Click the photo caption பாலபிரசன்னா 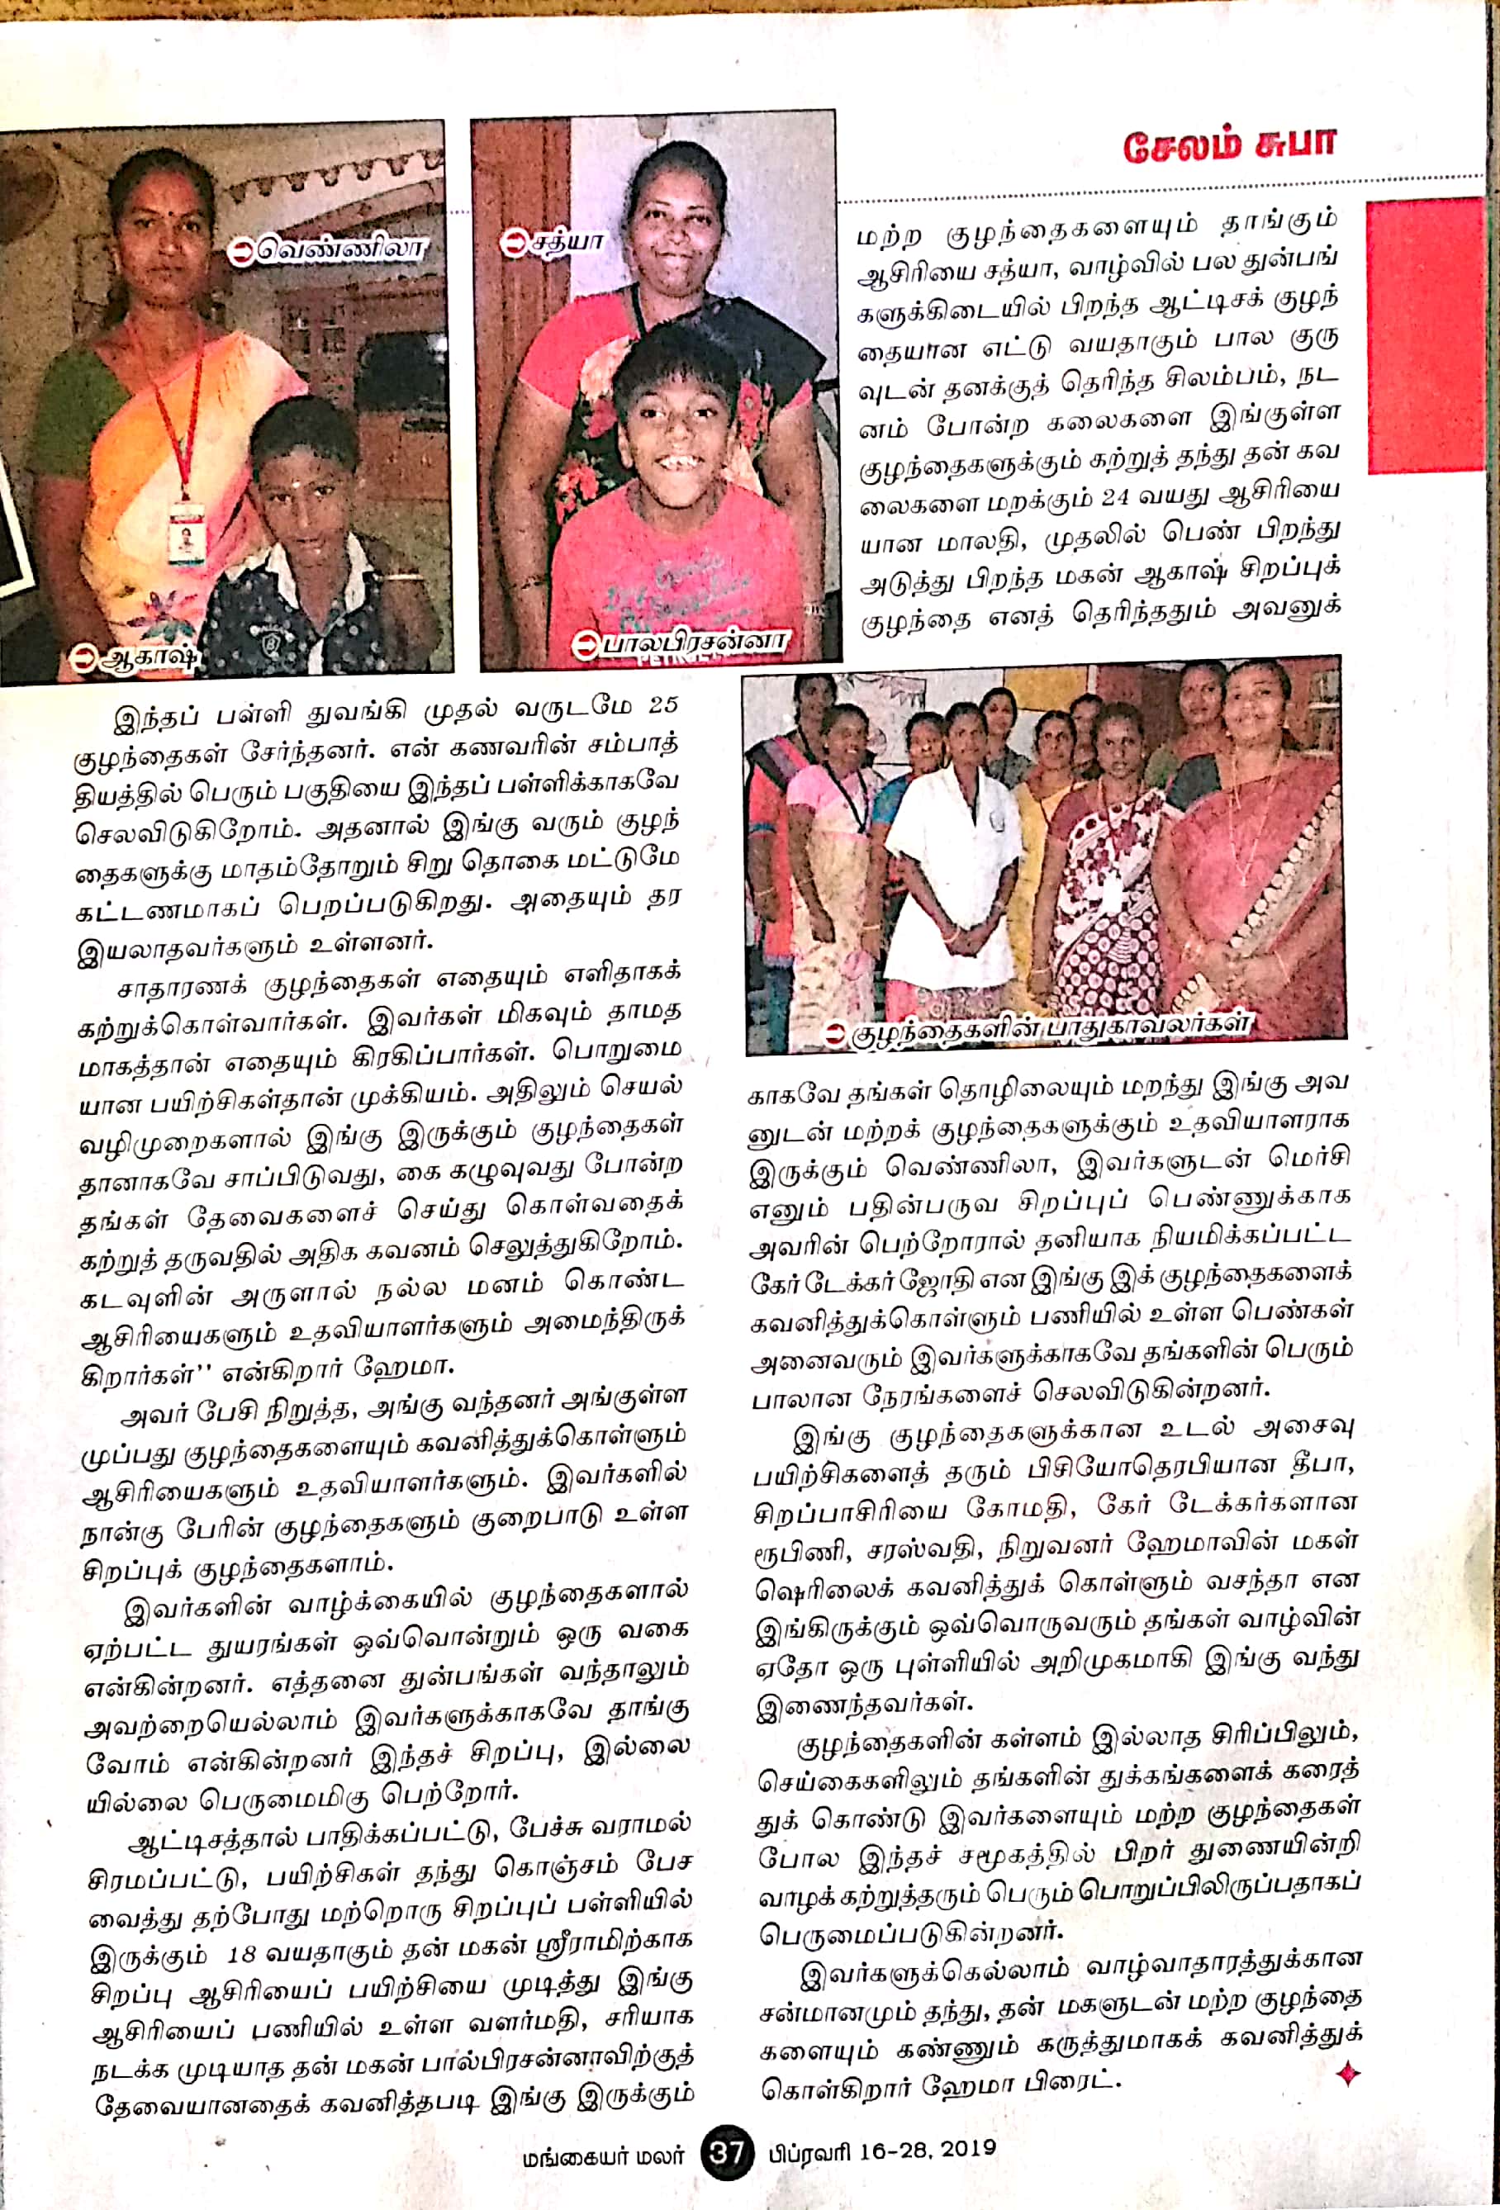pos(691,642)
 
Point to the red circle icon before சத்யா pos(515,244)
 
